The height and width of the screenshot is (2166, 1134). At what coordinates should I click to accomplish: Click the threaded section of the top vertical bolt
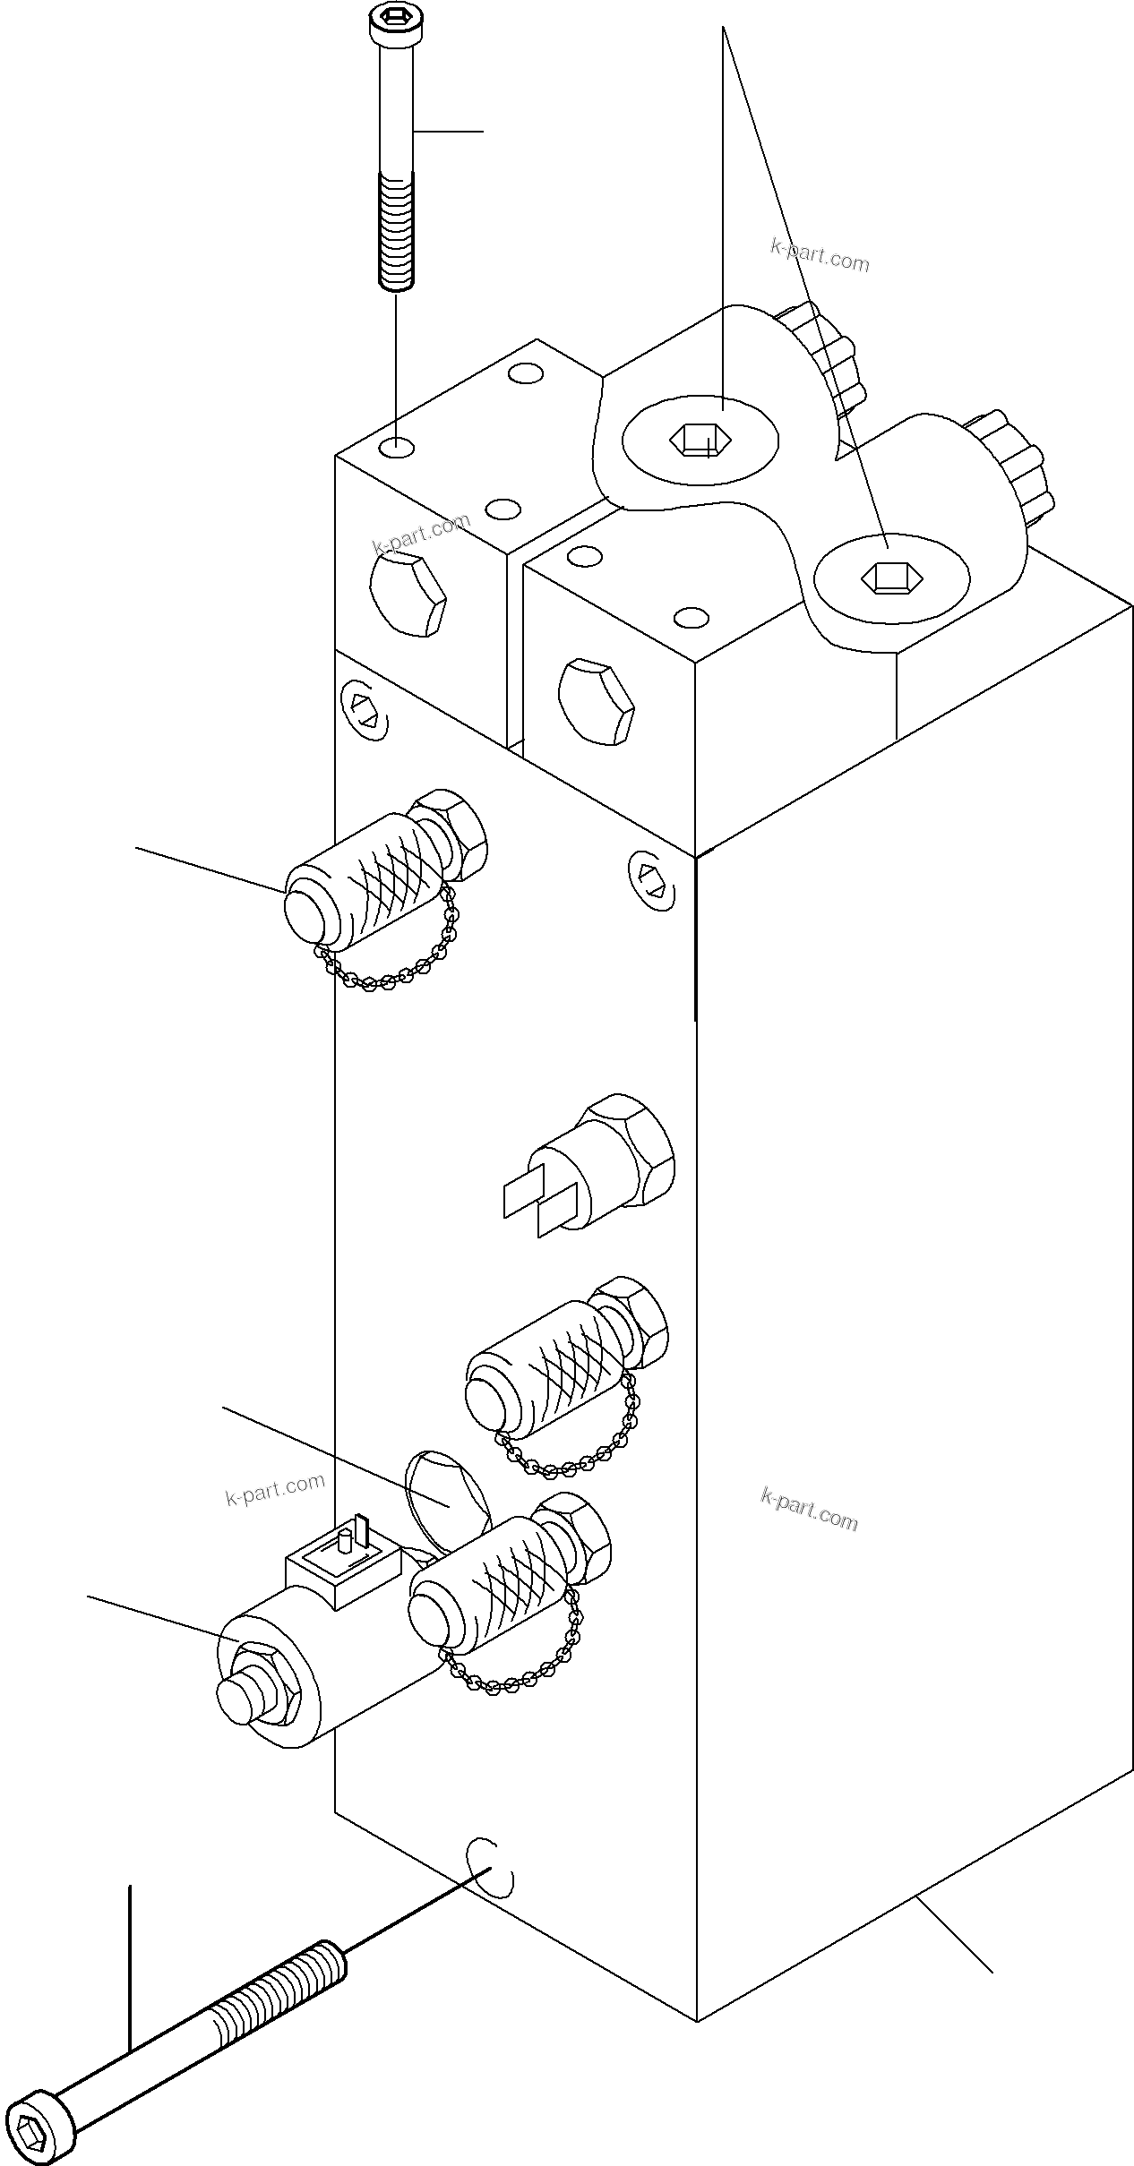click(396, 230)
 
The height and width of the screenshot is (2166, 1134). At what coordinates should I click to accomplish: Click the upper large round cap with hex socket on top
click(700, 440)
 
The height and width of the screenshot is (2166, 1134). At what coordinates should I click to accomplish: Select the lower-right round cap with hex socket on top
click(890, 578)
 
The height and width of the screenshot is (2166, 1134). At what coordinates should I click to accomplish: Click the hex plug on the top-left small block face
click(408, 595)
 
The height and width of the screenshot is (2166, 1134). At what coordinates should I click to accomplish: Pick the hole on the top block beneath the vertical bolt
click(397, 446)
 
